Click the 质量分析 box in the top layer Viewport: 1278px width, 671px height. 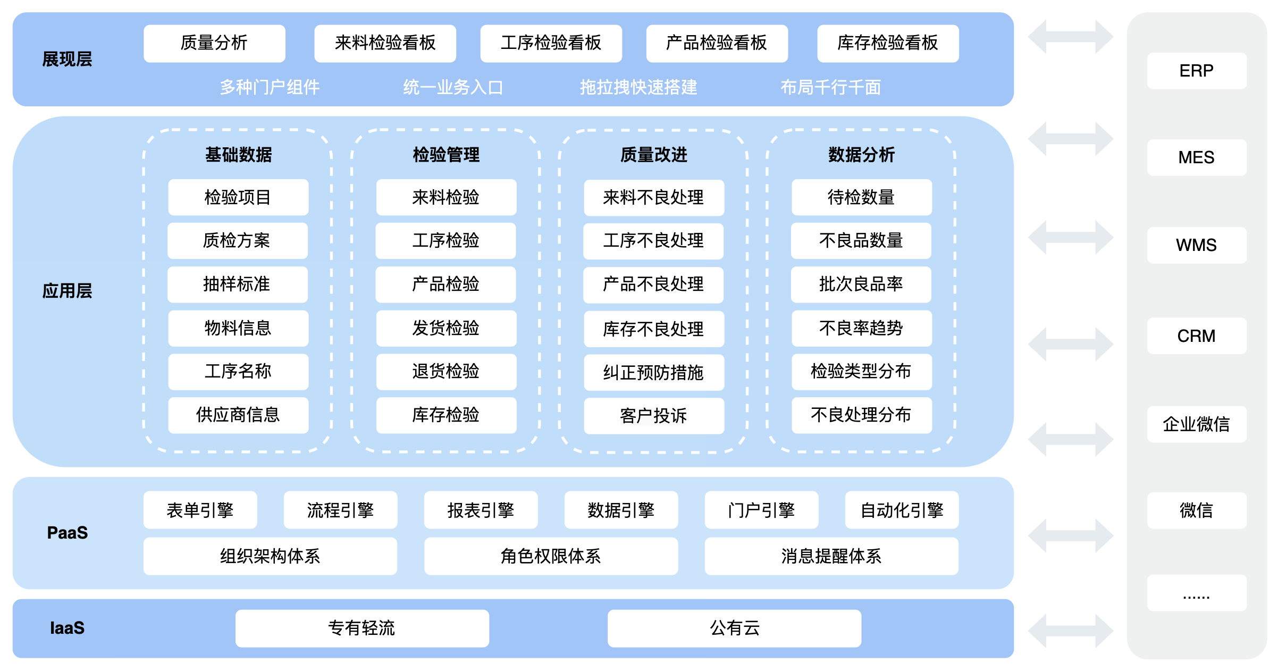tap(214, 43)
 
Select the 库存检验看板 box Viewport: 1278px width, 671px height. tap(888, 43)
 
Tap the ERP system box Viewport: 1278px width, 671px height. tap(1197, 71)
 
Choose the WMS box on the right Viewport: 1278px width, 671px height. tap(1197, 245)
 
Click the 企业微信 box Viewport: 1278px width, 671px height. tap(1197, 424)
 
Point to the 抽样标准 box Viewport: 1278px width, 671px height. tap(238, 284)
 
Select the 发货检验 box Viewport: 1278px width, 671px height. tap(446, 328)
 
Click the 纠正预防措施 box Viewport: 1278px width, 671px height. tap(654, 372)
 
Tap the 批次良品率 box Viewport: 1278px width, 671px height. tap(861, 284)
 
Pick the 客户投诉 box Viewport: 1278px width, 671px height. tap(654, 416)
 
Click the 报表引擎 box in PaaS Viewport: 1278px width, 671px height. tap(481, 510)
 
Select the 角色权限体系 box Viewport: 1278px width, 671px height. tap(551, 556)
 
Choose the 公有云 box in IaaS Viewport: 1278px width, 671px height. tap(734, 628)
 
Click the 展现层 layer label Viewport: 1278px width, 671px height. tap(67, 59)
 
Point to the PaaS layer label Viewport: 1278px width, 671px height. tap(67, 533)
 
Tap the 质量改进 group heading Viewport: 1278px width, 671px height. tap(654, 155)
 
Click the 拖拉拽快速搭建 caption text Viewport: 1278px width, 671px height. tap(638, 87)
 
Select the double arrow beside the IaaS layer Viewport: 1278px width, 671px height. tap(1070, 631)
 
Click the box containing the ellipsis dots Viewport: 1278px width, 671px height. tap(1197, 593)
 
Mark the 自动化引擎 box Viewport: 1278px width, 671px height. tap(902, 510)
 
